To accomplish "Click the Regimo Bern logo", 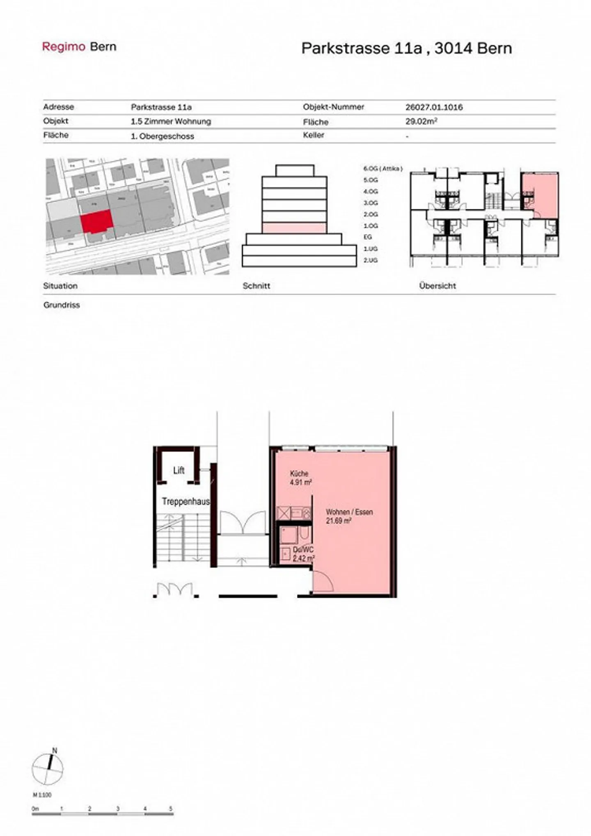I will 79,47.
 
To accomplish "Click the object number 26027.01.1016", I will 434,107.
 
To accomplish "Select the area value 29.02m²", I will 421,122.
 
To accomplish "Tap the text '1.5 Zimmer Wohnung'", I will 171,121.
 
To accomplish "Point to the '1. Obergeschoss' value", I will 162,136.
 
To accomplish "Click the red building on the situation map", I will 96,221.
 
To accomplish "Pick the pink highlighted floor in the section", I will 294,228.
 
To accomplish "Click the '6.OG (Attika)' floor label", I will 383,169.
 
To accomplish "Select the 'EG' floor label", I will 367,237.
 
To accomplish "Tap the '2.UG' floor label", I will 370,260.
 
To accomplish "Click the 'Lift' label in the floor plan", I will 179,470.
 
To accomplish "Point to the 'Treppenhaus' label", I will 186,501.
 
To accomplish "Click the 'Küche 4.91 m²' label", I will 300,478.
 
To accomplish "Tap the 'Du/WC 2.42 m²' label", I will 303,554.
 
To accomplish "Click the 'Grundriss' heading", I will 62,305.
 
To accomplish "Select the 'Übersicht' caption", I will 437,286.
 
